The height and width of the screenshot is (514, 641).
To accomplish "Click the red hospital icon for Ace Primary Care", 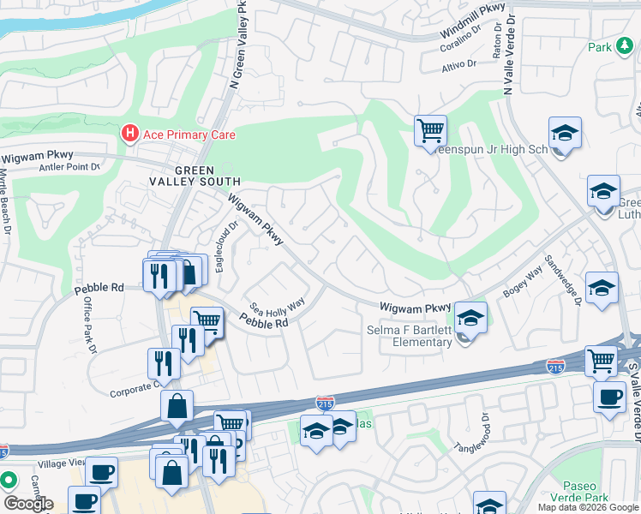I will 130,133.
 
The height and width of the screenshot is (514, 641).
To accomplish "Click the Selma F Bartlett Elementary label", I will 410,337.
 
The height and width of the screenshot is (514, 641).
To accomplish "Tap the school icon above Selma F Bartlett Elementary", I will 470,319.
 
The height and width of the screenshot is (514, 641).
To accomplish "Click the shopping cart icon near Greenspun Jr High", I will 430,132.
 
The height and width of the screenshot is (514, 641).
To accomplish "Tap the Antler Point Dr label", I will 69,167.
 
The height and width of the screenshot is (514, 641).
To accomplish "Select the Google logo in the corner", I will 28,503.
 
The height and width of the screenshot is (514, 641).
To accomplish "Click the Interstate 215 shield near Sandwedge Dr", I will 554,366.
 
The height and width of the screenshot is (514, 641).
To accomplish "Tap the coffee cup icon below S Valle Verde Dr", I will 609,397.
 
